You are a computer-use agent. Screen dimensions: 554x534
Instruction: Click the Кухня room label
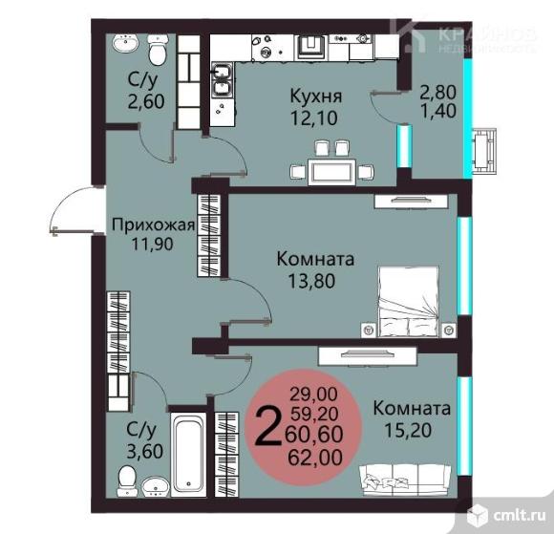[316, 96]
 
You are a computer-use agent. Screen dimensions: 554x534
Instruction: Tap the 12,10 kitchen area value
[313, 118]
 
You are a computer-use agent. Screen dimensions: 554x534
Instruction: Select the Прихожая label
[153, 224]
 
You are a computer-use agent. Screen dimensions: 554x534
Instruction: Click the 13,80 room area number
[311, 281]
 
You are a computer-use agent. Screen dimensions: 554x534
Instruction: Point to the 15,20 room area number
[408, 431]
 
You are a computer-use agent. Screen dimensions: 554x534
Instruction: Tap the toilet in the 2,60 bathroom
[158, 50]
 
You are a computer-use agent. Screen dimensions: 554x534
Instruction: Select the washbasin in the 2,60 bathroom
[125, 43]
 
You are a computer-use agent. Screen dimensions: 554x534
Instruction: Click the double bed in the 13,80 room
[409, 302]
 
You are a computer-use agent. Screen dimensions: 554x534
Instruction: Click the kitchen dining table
[331, 172]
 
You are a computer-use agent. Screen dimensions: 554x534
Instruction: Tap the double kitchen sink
[222, 81]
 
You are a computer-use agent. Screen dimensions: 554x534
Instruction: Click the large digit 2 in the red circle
[267, 426]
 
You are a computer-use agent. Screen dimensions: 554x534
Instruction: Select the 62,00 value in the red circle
[315, 458]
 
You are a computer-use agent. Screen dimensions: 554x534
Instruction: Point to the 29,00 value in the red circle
[313, 394]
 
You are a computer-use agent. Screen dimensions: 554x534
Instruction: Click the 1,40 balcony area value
[438, 111]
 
